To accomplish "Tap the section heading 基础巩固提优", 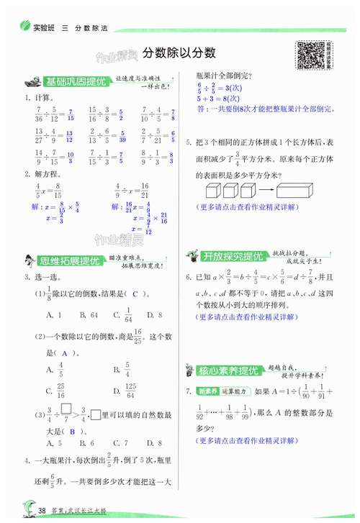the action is click(x=75, y=82).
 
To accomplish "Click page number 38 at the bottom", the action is click(x=42, y=510).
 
